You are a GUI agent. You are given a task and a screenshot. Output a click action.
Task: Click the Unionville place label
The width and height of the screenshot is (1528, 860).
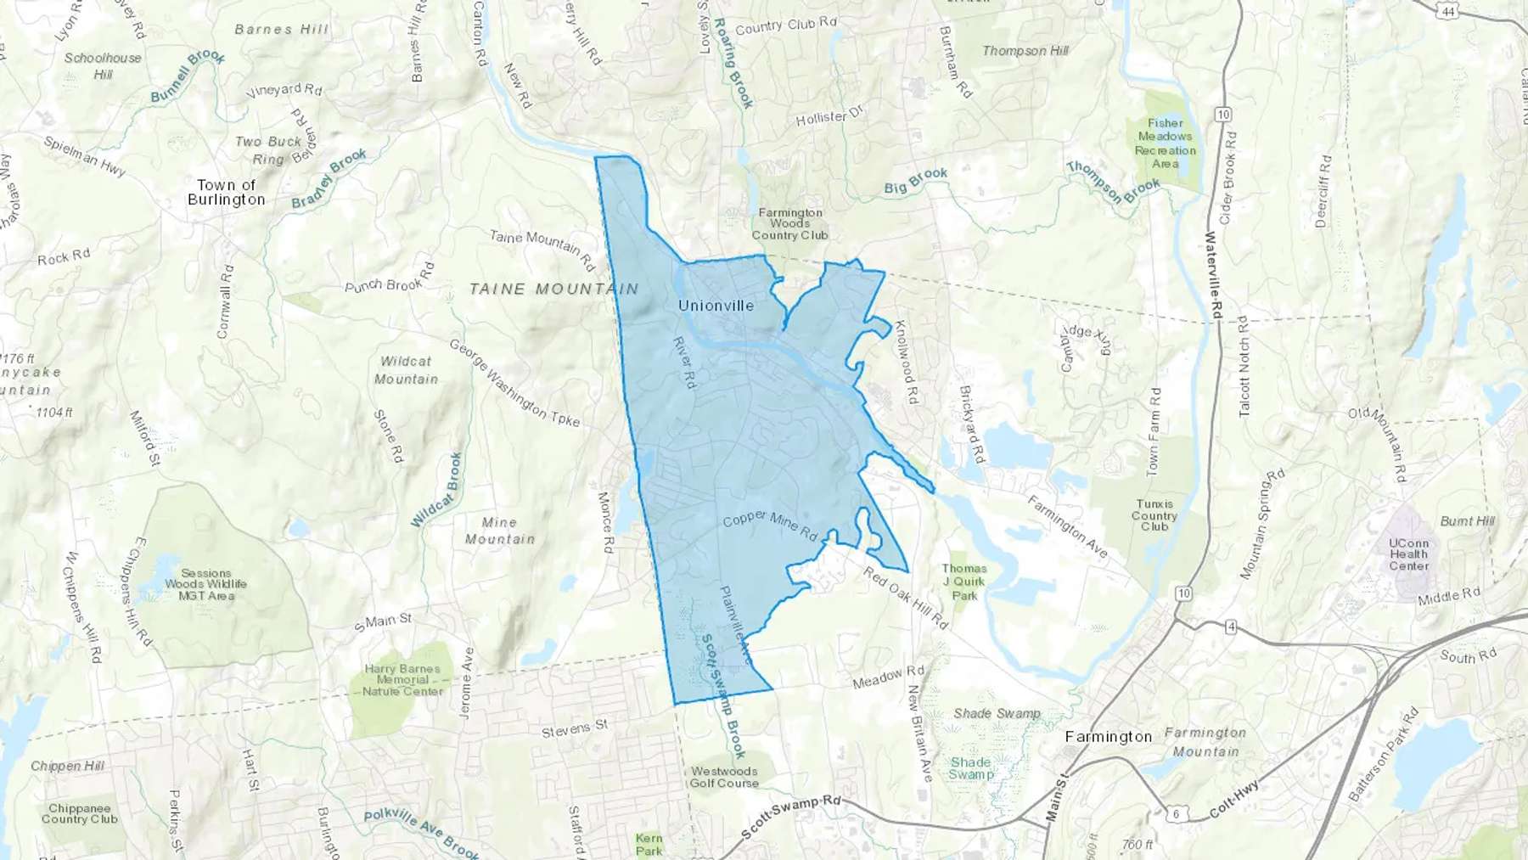[716, 306]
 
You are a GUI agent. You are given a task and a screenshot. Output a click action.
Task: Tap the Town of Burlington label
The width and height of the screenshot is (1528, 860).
[226, 193]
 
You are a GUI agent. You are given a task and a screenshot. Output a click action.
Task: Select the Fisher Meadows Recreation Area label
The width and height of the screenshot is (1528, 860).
[1165, 143]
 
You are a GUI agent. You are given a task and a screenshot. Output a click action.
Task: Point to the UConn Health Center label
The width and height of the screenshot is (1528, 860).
[1408, 554]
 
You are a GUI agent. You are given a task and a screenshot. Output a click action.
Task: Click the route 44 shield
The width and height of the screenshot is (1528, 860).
[1448, 11]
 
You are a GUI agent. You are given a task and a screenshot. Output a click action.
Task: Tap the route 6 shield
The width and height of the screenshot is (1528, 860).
[1176, 814]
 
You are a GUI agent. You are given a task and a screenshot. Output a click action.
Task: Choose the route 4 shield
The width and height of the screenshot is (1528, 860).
[1231, 627]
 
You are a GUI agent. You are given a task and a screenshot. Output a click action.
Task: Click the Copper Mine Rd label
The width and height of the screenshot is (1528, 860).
[769, 526]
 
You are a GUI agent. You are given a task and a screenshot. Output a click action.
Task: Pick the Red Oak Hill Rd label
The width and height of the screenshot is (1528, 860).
[905, 598]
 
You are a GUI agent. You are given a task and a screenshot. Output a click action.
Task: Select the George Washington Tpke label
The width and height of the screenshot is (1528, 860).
[514, 384]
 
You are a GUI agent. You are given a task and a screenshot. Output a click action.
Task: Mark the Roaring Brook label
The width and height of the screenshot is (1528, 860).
[733, 63]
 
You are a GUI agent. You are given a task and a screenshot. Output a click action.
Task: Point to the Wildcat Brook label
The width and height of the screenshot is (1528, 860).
[437, 490]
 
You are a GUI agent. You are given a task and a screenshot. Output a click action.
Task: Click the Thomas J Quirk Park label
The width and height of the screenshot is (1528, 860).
[964, 582]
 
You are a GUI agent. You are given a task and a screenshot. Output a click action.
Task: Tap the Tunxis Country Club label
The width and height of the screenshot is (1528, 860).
[1154, 515]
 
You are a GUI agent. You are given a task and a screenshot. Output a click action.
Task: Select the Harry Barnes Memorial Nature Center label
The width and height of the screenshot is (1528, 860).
[402, 680]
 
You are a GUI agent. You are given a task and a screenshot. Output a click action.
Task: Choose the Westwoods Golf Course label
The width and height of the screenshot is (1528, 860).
[723, 777]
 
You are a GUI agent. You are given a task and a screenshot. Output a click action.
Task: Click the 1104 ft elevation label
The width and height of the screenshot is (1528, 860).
[54, 413]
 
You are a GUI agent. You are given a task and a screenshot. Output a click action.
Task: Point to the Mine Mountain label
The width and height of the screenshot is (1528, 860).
[499, 531]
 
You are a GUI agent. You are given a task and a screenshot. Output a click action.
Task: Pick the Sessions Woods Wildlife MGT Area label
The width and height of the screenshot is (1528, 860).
[206, 584]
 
